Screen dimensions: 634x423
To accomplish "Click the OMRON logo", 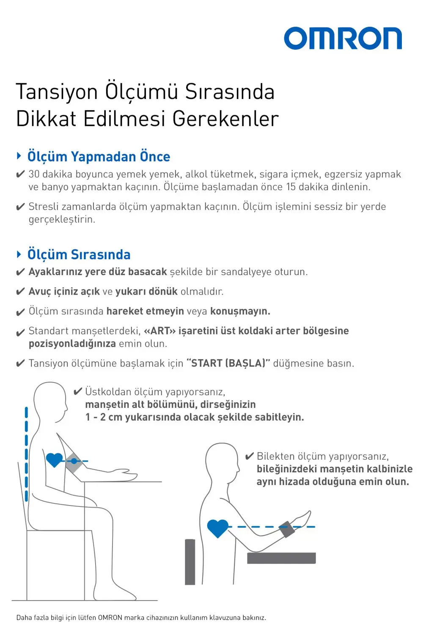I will pyautogui.click(x=343, y=39).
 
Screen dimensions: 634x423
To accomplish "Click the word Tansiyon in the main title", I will pyautogui.click(x=57, y=92).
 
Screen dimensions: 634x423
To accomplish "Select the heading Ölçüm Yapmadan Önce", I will pyautogui.click(x=99, y=157).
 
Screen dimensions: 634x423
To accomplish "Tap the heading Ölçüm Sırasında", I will pyautogui.click(x=79, y=255).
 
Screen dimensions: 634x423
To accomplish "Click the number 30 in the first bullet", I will pyautogui.click(x=34, y=175).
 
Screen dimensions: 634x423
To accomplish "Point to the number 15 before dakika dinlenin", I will pyautogui.click(x=291, y=187).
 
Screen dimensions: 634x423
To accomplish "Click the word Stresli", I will pyautogui.click(x=43, y=207).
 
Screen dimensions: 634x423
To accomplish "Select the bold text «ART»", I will pyautogui.click(x=159, y=331).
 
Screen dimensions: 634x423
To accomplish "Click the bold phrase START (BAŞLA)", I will pyautogui.click(x=228, y=363).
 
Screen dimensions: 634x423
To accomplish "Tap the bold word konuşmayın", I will pyautogui.click(x=240, y=312).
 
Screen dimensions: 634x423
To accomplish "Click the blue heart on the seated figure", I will pyautogui.click(x=54, y=459).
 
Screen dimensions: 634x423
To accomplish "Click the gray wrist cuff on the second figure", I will pyautogui.click(x=286, y=530).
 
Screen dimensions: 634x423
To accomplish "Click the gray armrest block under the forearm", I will pyautogui.click(x=281, y=558).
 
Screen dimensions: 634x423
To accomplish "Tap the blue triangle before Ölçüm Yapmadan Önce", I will pyautogui.click(x=19, y=156).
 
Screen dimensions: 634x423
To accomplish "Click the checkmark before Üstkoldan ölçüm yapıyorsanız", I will pyautogui.click(x=77, y=392).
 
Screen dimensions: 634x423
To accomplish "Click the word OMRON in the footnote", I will pyautogui.click(x=110, y=618).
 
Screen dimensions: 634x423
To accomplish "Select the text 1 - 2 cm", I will pyautogui.click(x=104, y=418).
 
